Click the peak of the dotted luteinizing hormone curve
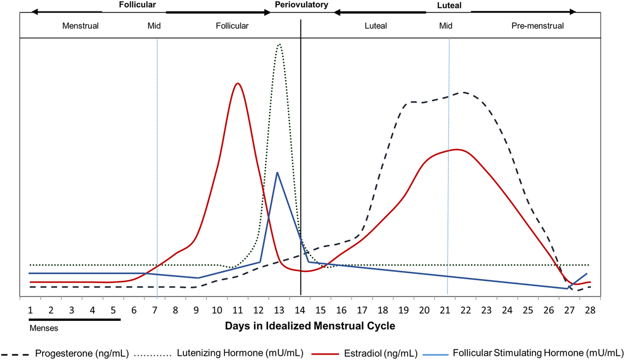pos(280,44)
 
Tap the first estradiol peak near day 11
pos(238,83)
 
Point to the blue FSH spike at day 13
pos(277,172)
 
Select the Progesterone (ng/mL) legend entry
pos(81,353)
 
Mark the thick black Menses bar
pos(74,319)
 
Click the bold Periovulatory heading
pos(302,5)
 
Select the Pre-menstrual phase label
pos(537,26)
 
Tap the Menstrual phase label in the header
pos(80,26)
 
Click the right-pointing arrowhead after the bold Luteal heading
pos(572,11)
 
